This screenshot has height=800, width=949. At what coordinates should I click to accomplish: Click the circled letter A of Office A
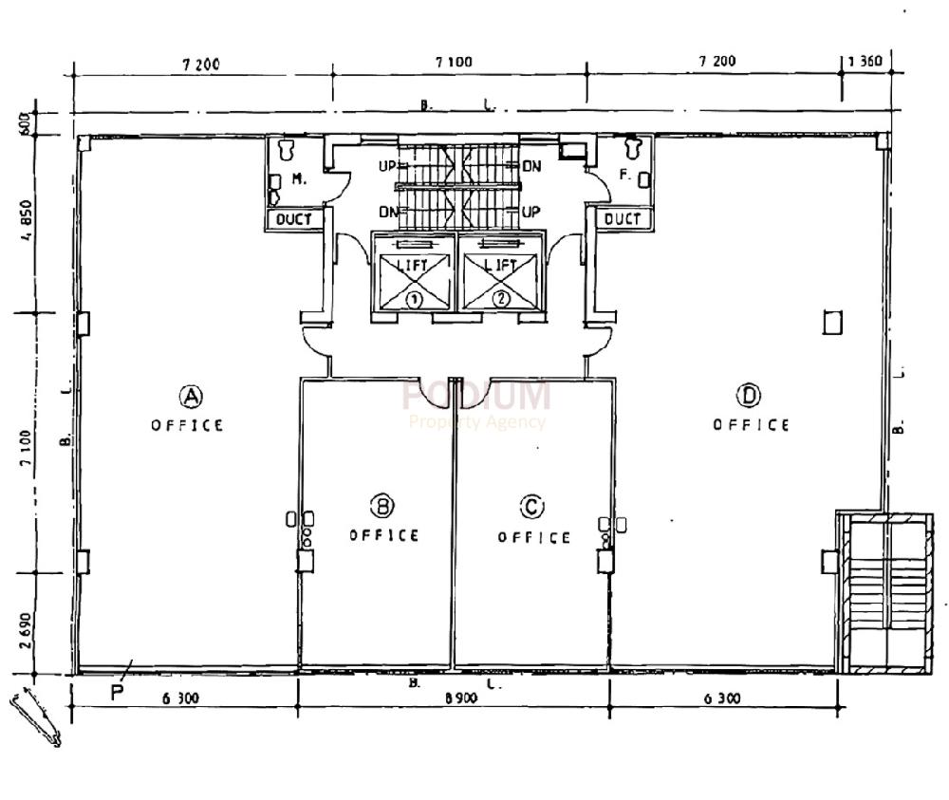click(191, 395)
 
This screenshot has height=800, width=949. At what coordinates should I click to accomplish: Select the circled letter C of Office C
click(532, 507)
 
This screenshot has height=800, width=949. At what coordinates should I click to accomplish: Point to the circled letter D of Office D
click(751, 394)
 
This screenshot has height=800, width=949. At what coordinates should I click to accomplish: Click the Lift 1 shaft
click(414, 274)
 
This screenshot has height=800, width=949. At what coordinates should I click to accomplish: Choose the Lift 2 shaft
click(500, 274)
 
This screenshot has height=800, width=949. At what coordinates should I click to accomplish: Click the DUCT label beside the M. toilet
click(293, 219)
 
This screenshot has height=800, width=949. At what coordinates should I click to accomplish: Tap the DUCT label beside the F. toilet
click(623, 219)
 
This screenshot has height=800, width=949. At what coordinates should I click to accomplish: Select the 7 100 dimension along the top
click(454, 63)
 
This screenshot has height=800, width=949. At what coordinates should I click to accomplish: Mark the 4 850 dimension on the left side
click(27, 222)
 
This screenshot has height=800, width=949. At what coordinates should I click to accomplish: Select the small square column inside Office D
click(832, 323)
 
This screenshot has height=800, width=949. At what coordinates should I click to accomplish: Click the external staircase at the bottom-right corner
click(882, 593)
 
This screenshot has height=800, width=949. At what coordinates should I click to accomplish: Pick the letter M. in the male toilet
click(298, 177)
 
